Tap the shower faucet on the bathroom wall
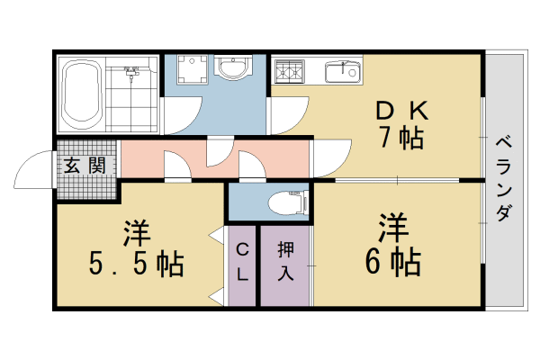[x=130, y=71]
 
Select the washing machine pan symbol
[x=193, y=69]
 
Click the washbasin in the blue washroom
[x=232, y=67]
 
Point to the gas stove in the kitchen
[x=290, y=71]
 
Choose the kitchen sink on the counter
[x=343, y=72]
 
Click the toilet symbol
[x=288, y=203]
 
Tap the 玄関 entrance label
[x=85, y=166]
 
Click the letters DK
[x=402, y=111]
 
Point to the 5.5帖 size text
[x=136, y=264]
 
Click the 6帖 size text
[x=393, y=262]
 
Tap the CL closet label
[x=242, y=262]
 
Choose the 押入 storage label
[x=285, y=261]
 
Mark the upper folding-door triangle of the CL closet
[x=217, y=235]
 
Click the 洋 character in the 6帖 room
[x=393, y=228]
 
